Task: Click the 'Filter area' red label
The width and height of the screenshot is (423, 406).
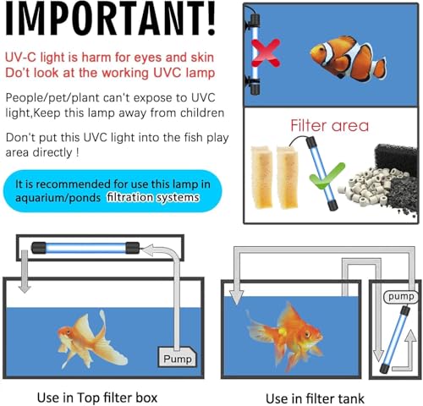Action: [x=330, y=126]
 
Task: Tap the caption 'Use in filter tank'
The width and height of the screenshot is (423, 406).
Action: [x=314, y=396]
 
